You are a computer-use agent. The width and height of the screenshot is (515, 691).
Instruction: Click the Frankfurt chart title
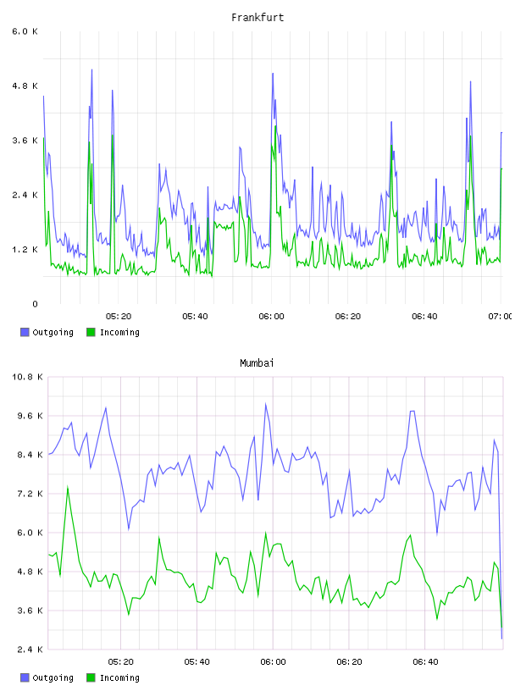tap(257, 18)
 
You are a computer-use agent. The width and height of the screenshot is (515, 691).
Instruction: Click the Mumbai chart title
tap(257, 363)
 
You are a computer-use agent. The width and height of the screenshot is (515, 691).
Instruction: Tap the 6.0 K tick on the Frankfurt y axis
tap(25, 31)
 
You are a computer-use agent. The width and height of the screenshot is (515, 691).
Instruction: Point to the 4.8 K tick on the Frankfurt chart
tap(25, 86)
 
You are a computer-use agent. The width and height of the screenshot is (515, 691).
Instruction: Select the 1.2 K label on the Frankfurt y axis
tap(25, 250)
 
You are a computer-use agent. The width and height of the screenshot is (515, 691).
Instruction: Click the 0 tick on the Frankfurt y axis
tap(35, 304)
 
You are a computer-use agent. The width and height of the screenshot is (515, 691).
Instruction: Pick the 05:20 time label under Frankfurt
tap(119, 316)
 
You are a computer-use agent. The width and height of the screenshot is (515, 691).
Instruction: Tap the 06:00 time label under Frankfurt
tap(271, 316)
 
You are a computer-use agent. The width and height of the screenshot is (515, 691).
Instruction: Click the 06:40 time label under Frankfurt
tap(424, 316)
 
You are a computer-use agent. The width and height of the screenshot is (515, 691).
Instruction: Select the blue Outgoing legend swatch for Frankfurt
tap(25, 332)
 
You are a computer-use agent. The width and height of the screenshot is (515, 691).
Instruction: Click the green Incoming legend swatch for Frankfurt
tap(91, 332)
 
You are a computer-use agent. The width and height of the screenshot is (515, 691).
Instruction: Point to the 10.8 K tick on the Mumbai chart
tap(27, 377)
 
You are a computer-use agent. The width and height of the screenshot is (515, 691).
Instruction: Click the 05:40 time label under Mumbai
tap(197, 661)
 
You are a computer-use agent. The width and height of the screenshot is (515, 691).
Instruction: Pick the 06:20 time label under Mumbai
tap(349, 661)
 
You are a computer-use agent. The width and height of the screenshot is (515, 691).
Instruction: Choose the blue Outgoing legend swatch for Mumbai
tap(25, 677)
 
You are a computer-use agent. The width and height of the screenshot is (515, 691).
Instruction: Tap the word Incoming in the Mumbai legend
tap(119, 677)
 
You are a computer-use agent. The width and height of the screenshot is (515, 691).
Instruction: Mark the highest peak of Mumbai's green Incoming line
tap(68, 487)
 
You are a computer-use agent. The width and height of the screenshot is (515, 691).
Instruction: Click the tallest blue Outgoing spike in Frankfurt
tap(91, 69)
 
